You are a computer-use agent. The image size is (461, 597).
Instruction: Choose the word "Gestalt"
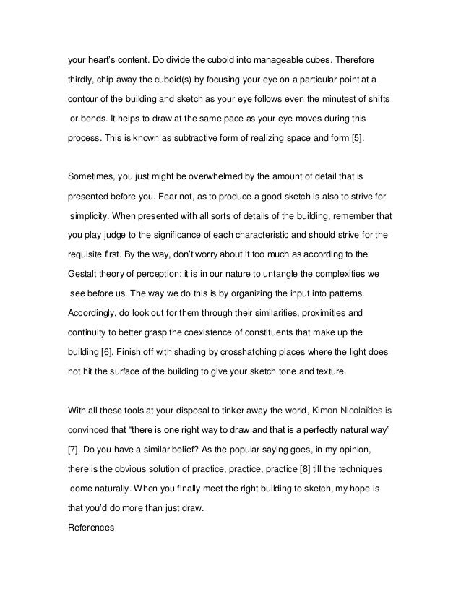coord(82,275)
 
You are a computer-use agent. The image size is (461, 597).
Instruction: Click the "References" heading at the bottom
coord(91,528)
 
